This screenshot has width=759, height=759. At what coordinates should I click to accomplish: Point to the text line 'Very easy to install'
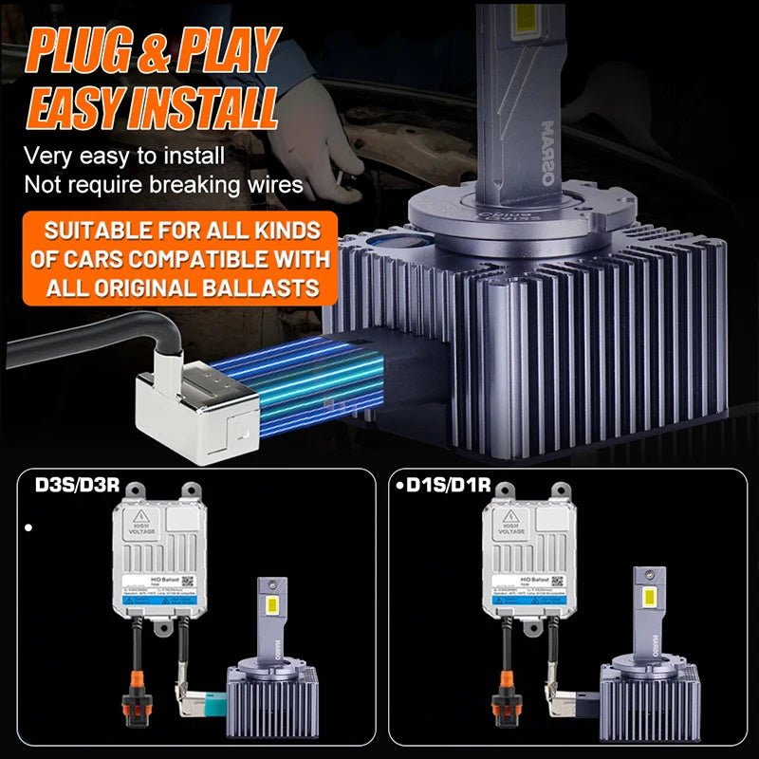(x=124, y=156)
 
